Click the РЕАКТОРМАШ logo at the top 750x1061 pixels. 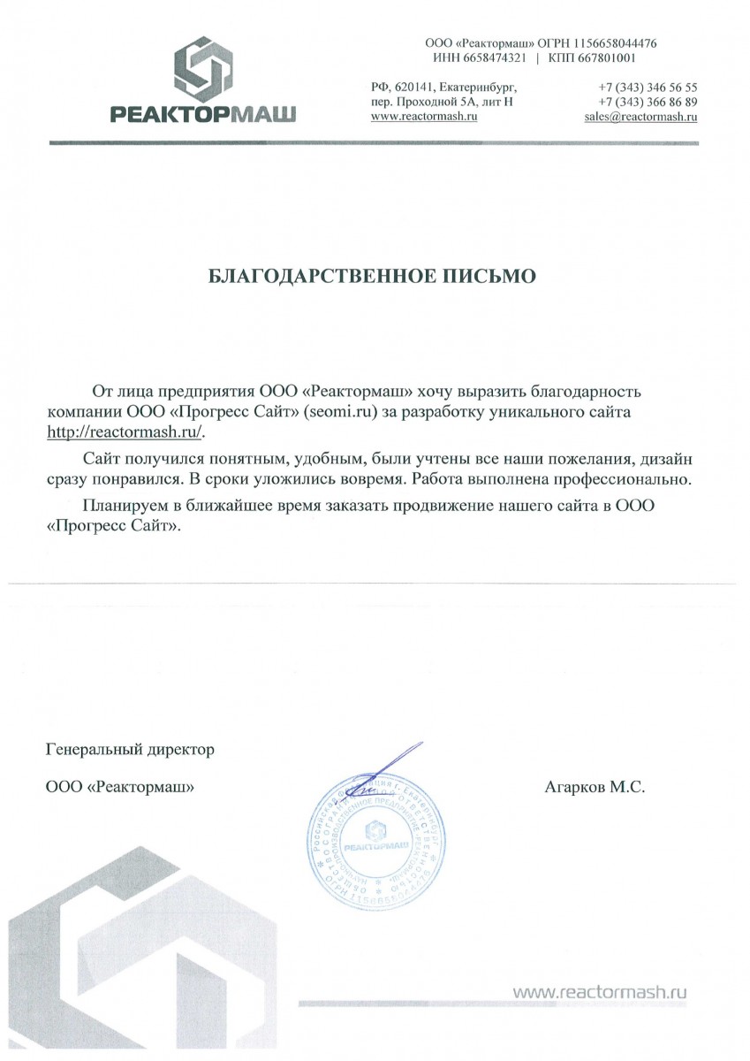point(202,80)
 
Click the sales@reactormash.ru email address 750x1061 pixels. point(640,117)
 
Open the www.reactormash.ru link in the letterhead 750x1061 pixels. point(424,117)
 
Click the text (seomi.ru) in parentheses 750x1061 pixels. point(341,412)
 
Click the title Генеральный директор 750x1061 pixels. point(130,751)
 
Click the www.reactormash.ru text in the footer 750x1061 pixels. point(600,993)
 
